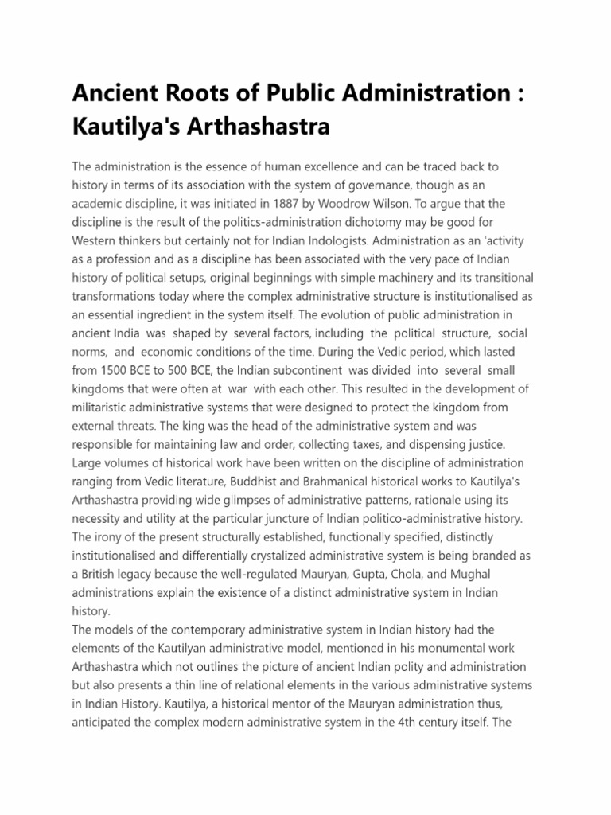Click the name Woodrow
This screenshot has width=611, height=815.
pos(343,202)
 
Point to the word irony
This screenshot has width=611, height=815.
pos(108,536)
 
